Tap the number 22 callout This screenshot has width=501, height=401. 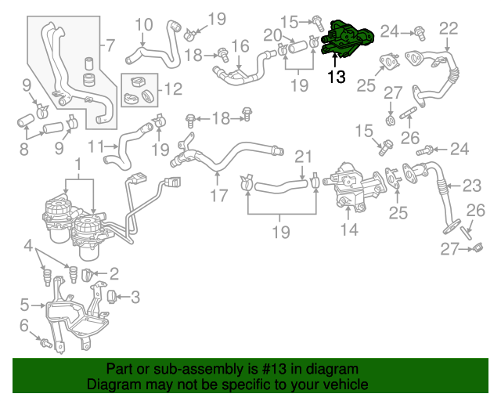click(448, 28)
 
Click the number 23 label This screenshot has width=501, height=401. click(471, 186)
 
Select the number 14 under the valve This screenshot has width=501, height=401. click(348, 229)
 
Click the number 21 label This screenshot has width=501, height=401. click(303, 156)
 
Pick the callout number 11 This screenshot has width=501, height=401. click(96, 146)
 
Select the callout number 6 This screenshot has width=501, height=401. click(23, 325)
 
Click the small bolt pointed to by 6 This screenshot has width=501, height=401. click(46, 342)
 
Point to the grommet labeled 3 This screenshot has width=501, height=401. click(111, 296)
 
